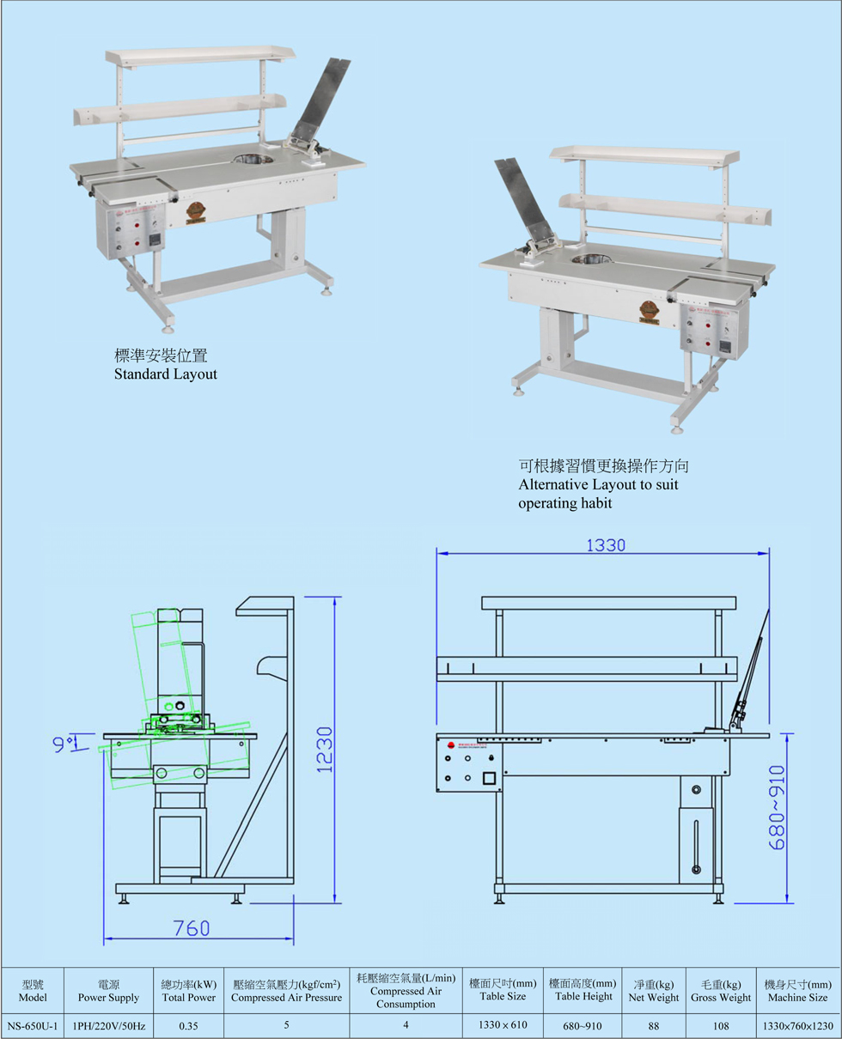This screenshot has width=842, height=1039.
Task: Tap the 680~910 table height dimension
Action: [x=777, y=806]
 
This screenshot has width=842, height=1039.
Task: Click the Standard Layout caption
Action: [x=166, y=374]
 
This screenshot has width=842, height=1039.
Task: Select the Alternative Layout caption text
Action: [x=604, y=484]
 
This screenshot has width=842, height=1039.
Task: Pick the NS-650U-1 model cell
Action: [x=32, y=1024]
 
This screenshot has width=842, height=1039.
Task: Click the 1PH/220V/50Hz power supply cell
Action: [x=108, y=1024]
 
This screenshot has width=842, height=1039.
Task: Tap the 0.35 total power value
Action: [x=189, y=1024]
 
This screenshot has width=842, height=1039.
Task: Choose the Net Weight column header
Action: [x=653, y=990]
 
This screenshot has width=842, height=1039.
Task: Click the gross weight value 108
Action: [x=720, y=1024]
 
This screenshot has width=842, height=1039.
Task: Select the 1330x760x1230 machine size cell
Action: [x=797, y=1024]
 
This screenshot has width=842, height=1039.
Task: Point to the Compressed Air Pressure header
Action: [x=286, y=990]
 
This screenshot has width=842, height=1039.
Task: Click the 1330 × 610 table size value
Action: [x=503, y=1024]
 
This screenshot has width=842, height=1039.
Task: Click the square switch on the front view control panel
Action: [x=490, y=779]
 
